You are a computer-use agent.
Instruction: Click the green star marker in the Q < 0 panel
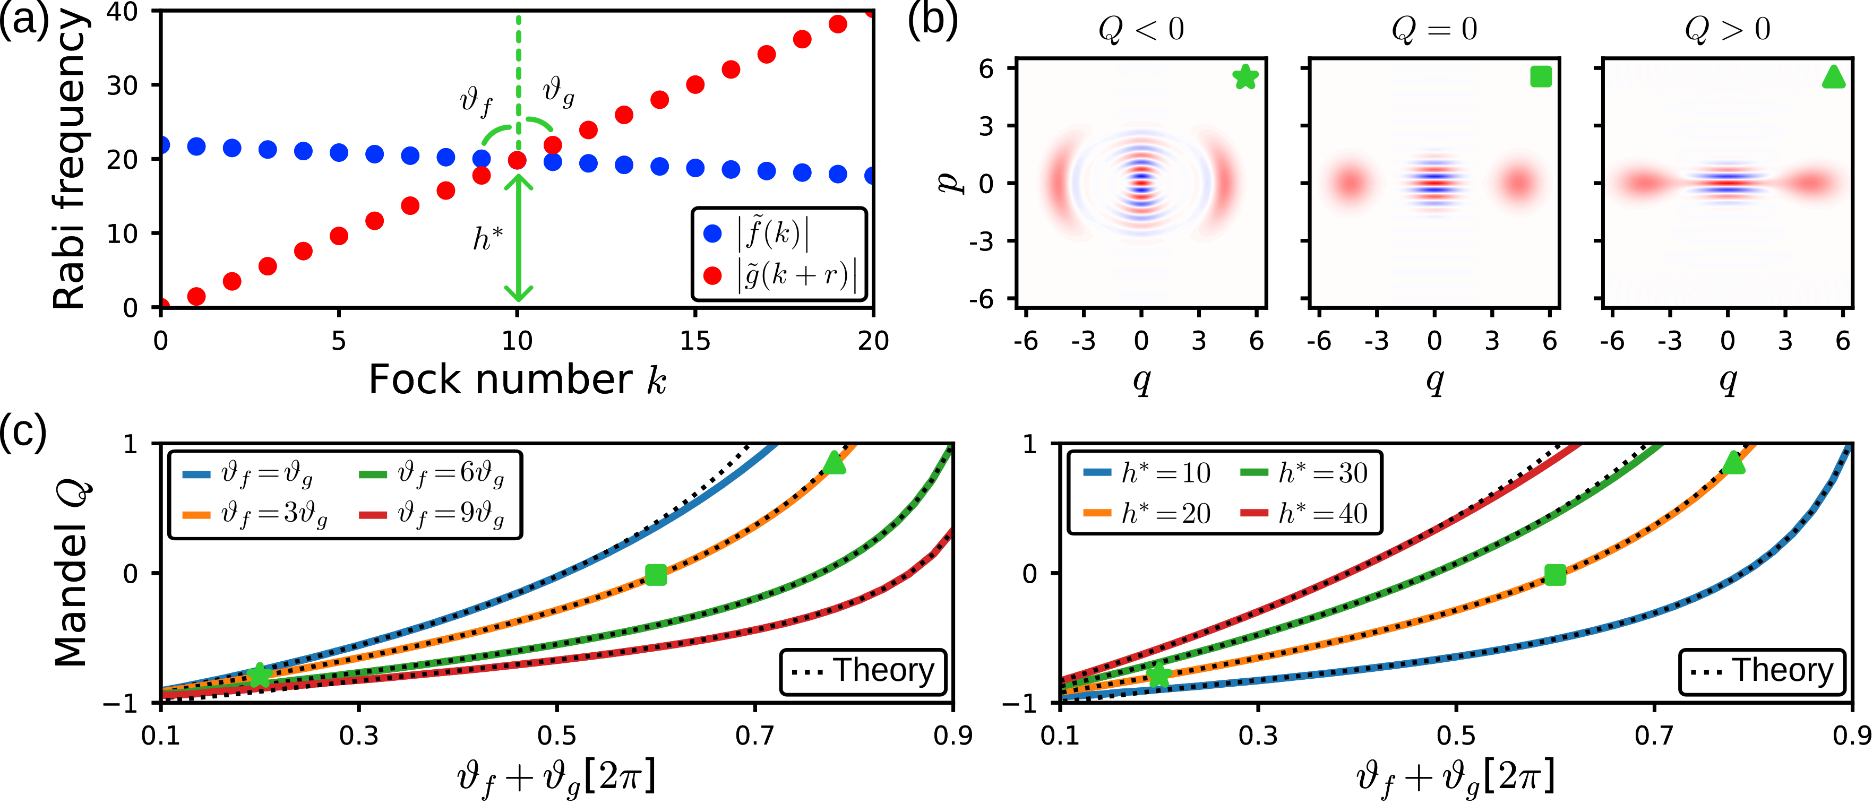point(1245,76)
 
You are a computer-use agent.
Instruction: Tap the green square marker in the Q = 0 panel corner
point(1540,76)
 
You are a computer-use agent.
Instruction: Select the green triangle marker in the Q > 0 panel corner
point(1834,76)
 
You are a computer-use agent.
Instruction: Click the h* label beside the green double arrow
point(487,238)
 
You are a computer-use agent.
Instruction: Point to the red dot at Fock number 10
point(517,160)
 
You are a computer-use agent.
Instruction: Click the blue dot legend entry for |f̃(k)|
point(712,234)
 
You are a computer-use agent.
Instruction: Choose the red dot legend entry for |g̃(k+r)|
point(712,275)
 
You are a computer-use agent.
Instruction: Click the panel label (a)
point(23,20)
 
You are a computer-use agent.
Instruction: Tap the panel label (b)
point(933,20)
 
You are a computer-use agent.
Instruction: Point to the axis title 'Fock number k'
point(517,379)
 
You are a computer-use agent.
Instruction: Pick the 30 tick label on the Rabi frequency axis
point(122,86)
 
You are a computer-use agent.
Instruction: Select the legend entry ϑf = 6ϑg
point(433,473)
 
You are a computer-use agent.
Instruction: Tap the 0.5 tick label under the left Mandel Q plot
point(556,736)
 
